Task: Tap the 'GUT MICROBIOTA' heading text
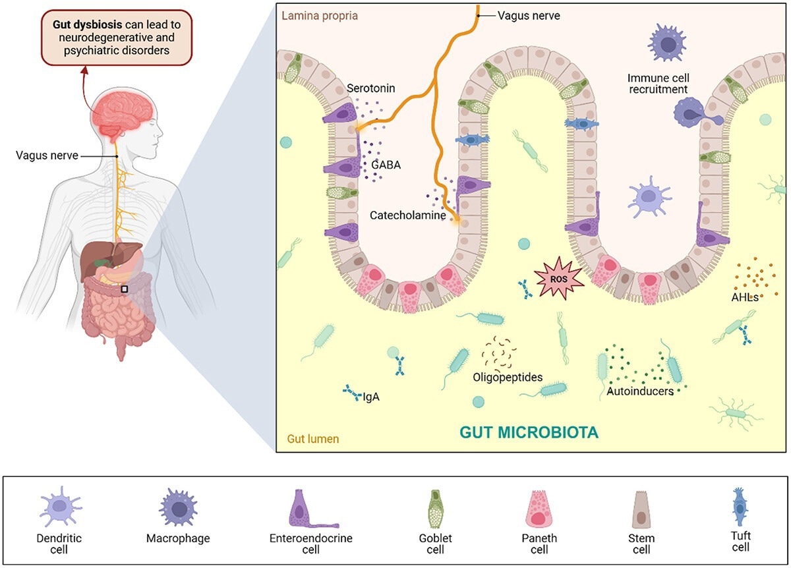pos(529,433)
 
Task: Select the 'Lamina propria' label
pos(320,15)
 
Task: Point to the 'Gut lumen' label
pos(312,438)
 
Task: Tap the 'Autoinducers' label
pos(639,391)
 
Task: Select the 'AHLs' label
pos(746,297)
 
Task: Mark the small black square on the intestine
pos(124,289)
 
